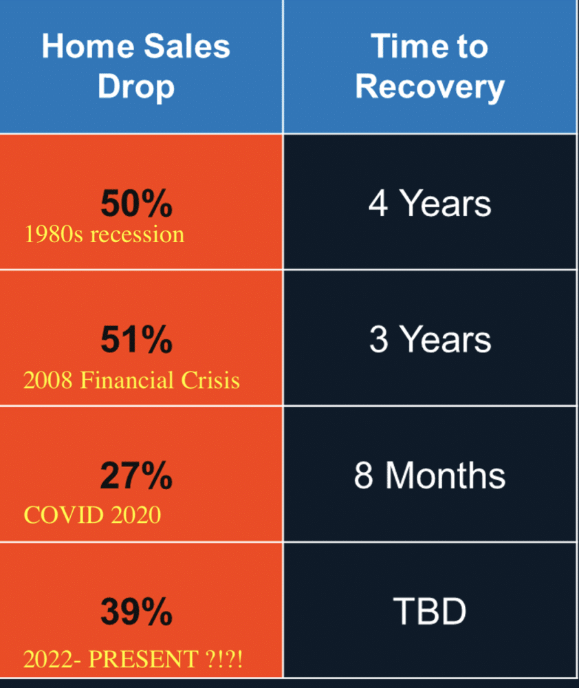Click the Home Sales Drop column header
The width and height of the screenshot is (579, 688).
point(136,67)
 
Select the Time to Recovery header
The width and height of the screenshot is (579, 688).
point(430,67)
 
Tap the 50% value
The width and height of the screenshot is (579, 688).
point(136,204)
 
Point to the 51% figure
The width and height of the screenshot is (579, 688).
point(136,339)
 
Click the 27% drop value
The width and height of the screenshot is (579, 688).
point(136,475)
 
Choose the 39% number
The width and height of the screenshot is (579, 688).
point(136,611)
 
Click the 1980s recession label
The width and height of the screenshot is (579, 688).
point(105,235)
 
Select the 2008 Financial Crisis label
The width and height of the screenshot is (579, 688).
point(131,380)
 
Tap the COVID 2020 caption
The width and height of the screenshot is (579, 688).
point(92,515)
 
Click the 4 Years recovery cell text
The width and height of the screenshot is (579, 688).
point(430,204)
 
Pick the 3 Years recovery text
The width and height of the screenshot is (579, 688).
point(430,339)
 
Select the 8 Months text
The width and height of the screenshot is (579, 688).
point(430,475)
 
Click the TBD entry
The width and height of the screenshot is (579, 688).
point(429,611)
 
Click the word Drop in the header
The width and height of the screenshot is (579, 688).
point(136,87)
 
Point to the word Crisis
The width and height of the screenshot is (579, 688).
point(210,380)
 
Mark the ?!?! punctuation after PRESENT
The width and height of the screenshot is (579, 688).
point(224,659)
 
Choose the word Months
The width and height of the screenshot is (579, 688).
point(446,475)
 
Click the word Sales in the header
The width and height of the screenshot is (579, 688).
point(187,46)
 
